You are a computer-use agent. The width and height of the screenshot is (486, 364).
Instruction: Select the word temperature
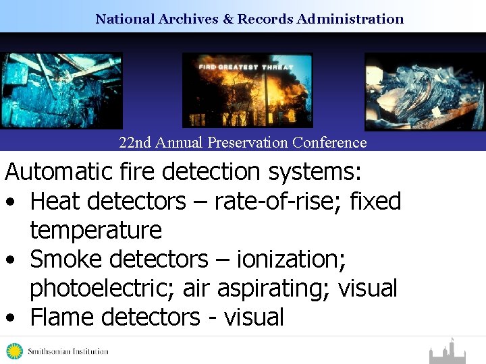click(x=96, y=231)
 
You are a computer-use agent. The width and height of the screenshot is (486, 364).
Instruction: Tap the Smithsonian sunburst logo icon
click(x=14, y=351)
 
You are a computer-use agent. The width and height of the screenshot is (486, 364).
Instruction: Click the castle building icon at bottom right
click(x=447, y=352)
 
